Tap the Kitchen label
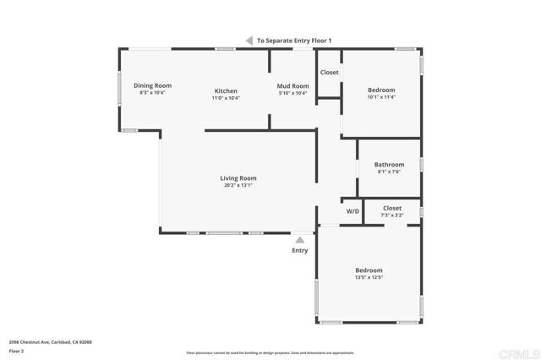pos(226,90)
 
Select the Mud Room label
pos(293,85)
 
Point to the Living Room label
pos(238,178)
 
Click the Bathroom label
pos(390,164)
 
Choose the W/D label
pos(352,211)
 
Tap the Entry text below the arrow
pos(300,250)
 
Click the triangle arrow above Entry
pos(299,240)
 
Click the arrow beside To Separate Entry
pos(249,40)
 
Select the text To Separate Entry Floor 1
pos(294,41)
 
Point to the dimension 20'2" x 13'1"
pos(238,185)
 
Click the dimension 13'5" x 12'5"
pos(369,277)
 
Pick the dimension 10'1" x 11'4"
pos(381,97)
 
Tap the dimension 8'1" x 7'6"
pos(390,172)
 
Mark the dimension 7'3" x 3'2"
pos(392,215)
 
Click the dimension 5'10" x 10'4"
pos(293,93)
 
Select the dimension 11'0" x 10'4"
pos(226,98)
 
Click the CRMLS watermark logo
pos(522,351)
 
